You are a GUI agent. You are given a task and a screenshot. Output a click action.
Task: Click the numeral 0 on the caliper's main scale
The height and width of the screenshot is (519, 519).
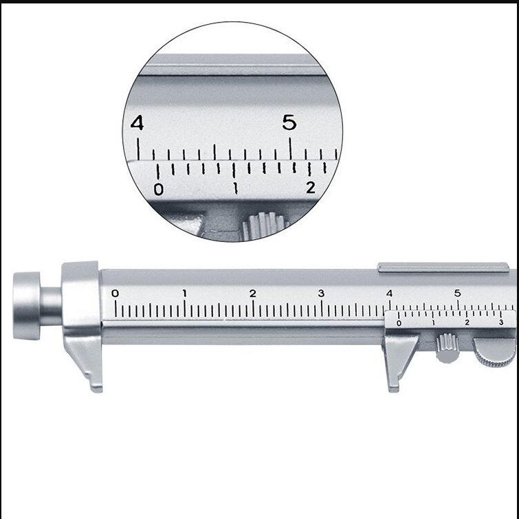click(115, 294)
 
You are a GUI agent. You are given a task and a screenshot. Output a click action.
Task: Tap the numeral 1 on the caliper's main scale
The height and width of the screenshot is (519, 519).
click(185, 294)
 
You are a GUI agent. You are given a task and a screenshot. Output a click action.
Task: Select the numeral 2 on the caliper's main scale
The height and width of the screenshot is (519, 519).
click(253, 294)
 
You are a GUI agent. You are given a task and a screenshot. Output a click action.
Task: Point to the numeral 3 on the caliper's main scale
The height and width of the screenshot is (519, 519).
click(321, 294)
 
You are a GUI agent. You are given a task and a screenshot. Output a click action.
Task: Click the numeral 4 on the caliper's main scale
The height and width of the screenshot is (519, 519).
click(389, 294)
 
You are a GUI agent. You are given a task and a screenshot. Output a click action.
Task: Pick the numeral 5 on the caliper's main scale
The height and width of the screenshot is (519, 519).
click(457, 294)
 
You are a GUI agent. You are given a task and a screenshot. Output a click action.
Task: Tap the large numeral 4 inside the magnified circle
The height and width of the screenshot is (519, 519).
click(137, 122)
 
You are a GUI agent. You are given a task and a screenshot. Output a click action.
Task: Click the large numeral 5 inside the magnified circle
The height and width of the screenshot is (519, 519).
click(289, 122)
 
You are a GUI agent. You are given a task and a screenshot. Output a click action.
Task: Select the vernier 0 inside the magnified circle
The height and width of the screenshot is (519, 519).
click(159, 190)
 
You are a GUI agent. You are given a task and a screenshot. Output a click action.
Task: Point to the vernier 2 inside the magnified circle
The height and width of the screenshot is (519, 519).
click(311, 188)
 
